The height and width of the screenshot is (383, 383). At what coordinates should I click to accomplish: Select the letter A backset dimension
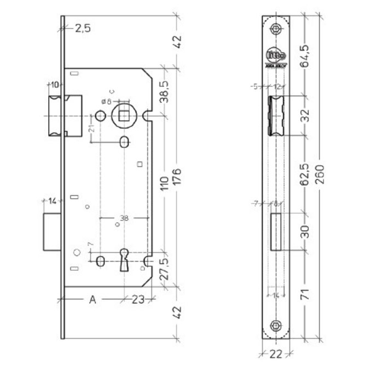[92, 299]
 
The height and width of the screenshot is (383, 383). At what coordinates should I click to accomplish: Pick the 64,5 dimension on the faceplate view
[306, 55]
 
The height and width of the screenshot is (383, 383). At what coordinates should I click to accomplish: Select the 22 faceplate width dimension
[276, 354]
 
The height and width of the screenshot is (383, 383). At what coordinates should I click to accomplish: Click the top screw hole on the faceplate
[276, 30]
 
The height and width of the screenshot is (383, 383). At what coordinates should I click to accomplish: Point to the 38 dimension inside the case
[124, 217]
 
